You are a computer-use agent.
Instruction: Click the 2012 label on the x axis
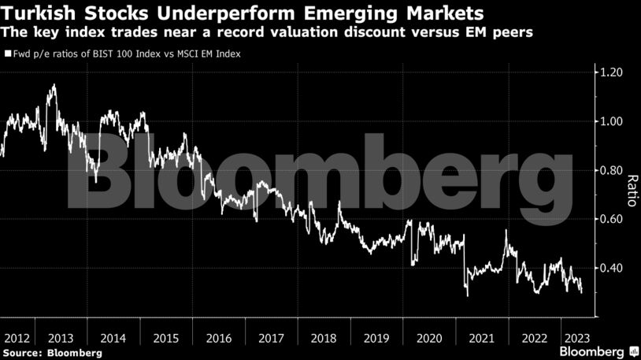click(x=17, y=338)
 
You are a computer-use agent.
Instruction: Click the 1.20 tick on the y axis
click(x=612, y=72)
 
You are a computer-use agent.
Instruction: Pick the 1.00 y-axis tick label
click(x=612, y=121)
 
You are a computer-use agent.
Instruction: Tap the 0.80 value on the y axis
click(x=612, y=170)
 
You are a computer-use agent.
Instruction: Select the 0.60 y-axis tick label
click(x=612, y=219)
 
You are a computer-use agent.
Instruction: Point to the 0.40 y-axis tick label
click(x=612, y=268)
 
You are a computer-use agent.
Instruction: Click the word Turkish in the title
click(x=38, y=14)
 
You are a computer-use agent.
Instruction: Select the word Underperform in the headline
click(x=218, y=14)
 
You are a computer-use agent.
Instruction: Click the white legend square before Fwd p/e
click(x=8, y=54)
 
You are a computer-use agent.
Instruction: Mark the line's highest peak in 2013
click(x=53, y=85)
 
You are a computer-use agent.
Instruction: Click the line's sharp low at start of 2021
click(x=467, y=295)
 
